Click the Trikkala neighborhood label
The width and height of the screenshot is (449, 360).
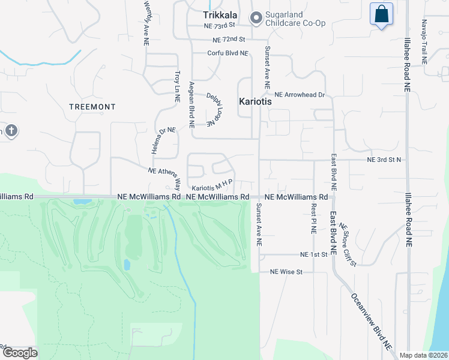click(x=220, y=15)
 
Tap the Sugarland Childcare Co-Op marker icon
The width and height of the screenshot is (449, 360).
click(x=256, y=18)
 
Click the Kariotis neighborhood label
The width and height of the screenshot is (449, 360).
click(x=256, y=102)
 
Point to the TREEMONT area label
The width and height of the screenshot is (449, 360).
click(x=92, y=107)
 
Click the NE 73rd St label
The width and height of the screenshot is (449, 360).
click(x=225, y=26)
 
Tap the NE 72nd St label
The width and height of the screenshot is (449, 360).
click(x=229, y=40)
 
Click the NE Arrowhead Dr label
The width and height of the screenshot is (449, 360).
click(x=300, y=95)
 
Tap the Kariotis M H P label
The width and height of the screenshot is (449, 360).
click(x=212, y=185)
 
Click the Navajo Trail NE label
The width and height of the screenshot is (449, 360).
click(x=424, y=42)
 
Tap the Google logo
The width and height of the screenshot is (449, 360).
click(x=20, y=353)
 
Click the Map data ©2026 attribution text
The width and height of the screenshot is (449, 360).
click(x=423, y=355)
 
